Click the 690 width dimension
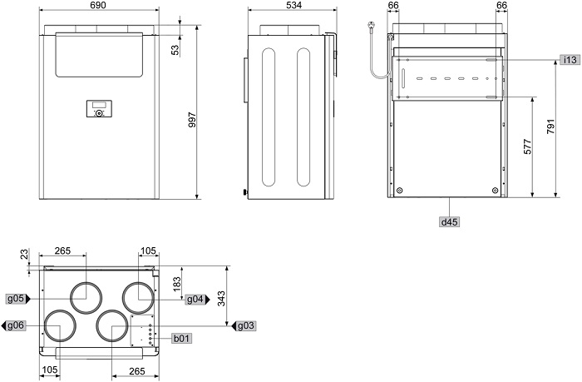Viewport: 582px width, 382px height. click(x=98, y=5)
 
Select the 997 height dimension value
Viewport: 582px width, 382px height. click(x=192, y=120)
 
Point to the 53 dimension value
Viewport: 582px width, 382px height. click(x=175, y=50)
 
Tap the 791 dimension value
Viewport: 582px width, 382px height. click(x=550, y=127)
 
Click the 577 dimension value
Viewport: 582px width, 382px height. click(x=527, y=146)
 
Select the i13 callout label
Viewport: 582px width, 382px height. click(x=570, y=59)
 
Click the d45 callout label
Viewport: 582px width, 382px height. click(x=449, y=222)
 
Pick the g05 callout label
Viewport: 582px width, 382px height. click(x=16, y=299)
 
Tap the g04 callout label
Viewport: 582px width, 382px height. click(x=195, y=299)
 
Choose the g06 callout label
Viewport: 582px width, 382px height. click(x=16, y=325)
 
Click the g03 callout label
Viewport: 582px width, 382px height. click(x=246, y=326)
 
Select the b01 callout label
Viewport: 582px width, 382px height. click(x=182, y=338)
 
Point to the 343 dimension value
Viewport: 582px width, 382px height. click(x=221, y=299)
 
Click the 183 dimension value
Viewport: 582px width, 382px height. click(x=177, y=285)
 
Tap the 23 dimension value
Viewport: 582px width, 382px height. click(x=24, y=255)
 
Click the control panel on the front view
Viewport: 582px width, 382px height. click(x=99, y=109)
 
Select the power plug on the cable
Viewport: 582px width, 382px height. click(x=371, y=25)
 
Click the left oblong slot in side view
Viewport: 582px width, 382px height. click(x=269, y=117)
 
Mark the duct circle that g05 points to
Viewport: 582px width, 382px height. click(x=86, y=298)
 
